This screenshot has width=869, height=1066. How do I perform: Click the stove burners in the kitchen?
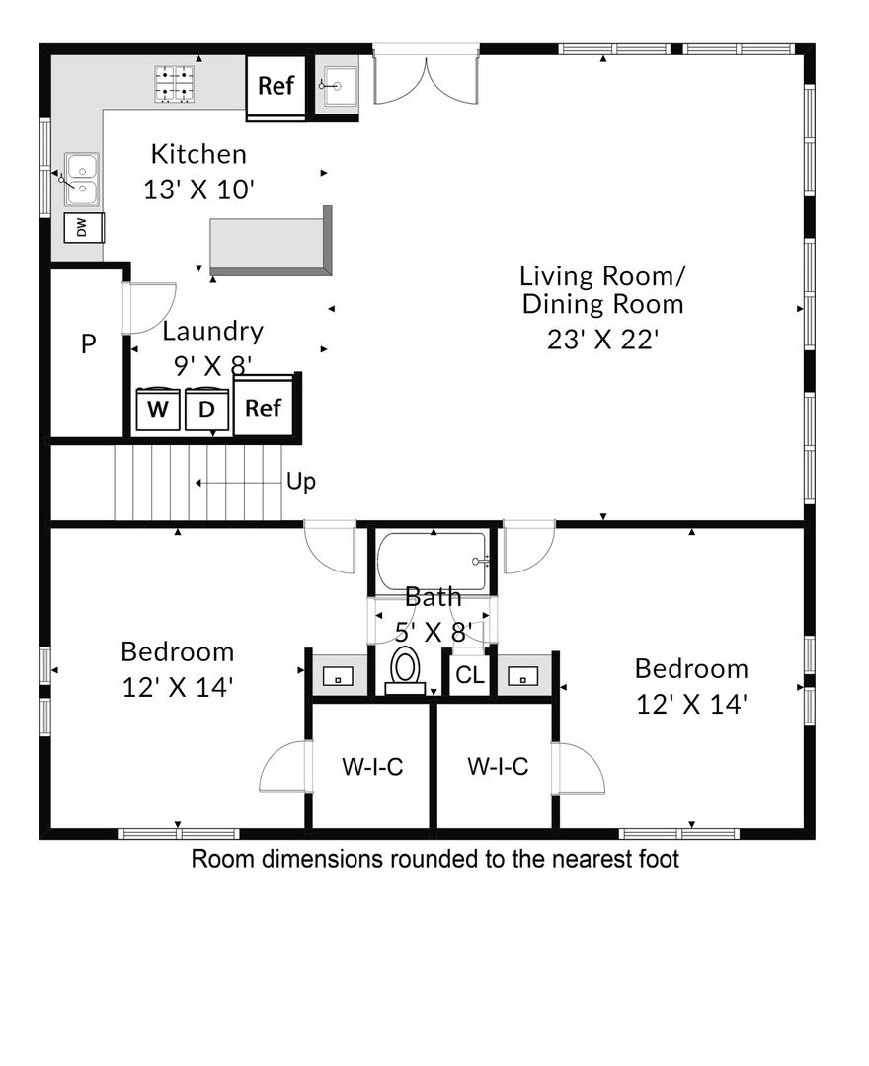point(174,84)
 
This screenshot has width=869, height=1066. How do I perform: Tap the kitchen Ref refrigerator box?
point(276,86)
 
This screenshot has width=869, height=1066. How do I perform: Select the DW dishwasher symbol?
point(84,228)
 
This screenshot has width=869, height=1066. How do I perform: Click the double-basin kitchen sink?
point(82,180)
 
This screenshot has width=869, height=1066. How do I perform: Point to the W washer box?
point(158,410)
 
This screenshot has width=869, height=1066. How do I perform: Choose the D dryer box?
point(207,410)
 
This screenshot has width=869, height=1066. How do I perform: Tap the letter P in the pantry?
point(89,344)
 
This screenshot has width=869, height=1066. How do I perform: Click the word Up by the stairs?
point(301,482)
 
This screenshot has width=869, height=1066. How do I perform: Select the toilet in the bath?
point(405,670)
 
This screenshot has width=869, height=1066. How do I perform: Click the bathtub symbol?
point(433,562)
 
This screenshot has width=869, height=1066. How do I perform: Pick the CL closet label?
point(470,675)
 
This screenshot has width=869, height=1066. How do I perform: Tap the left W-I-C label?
point(372,767)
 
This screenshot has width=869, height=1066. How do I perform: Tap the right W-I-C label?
point(498,767)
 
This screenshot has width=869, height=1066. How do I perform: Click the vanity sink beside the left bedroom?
point(338,676)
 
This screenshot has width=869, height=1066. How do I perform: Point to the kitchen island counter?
point(271,244)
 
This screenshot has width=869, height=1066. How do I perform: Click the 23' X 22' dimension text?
point(603,339)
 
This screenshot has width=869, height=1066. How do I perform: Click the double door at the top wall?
point(427,79)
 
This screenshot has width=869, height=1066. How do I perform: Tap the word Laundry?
point(213,332)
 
